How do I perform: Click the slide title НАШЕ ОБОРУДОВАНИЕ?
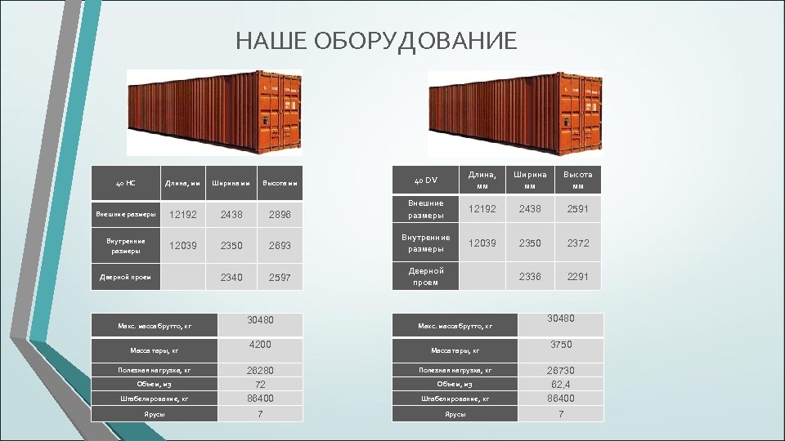pos(376,41)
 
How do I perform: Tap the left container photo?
pos(214,112)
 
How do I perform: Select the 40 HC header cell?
pos(125,183)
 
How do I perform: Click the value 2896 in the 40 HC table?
pos(279,214)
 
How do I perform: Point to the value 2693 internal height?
pos(279,245)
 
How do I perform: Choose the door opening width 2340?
pos(231,277)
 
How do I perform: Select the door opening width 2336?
pos(530,277)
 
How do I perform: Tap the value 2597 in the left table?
pos(279,277)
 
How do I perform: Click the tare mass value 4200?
pos(259,345)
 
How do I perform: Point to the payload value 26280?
pos(259,370)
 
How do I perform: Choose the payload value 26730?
pos(560,370)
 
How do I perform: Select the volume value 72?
pos(259,384)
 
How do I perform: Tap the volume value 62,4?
pos(560,384)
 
